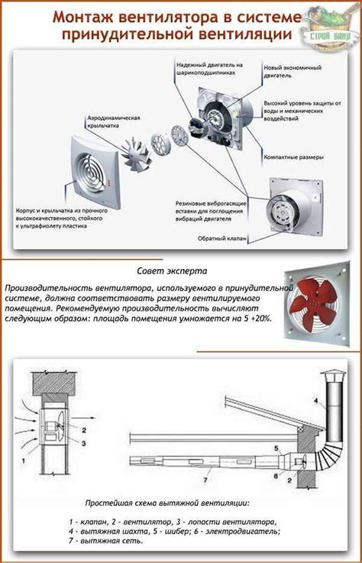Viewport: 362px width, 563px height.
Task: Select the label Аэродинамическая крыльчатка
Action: (113, 121)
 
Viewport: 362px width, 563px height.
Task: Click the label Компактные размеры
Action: (294, 157)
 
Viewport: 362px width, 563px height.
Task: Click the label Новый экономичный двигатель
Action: (293, 72)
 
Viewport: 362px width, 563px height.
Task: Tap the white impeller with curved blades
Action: (137, 153)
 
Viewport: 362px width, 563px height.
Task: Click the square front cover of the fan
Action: (95, 171)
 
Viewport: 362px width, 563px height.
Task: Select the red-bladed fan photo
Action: (317, 305)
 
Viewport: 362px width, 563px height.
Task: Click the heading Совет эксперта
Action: (172, 270)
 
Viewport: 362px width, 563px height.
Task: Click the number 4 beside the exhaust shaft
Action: (316, 401)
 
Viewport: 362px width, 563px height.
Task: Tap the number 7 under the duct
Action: (205, 479)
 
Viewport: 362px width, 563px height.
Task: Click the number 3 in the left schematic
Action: (83, 443)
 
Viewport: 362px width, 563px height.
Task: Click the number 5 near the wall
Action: (276, 448)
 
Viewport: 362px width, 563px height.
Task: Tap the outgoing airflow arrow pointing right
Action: (83, 418)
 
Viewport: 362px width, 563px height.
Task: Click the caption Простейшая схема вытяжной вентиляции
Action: (167, 503)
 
